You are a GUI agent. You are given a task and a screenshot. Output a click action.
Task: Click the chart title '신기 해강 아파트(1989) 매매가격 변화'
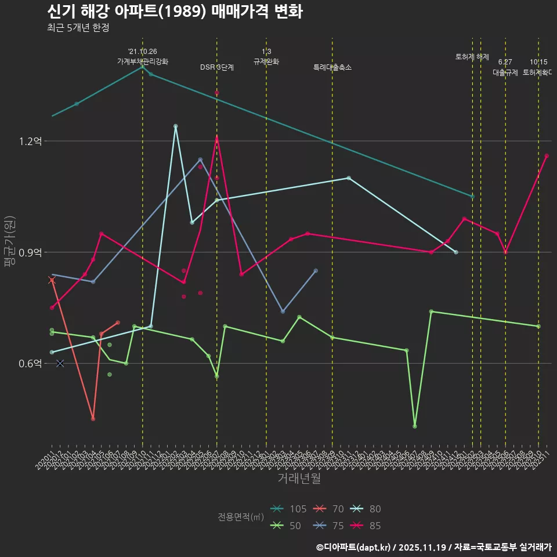(x=174, y=12)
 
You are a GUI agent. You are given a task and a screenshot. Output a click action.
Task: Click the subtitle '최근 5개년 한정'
(x=78, y=28)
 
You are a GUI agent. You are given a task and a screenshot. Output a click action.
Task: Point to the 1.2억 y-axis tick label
(x=30, y=141)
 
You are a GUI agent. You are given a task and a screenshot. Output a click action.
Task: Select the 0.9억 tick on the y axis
(x=30, y=252)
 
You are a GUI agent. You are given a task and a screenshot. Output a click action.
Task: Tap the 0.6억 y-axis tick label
(x=30, y=363)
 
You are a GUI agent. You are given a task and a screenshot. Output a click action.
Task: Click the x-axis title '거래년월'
(x=299, y=479)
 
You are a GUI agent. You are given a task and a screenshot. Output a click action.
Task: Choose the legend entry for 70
(x=328, y=509)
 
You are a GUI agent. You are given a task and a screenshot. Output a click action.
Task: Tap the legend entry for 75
(x=328, y=526)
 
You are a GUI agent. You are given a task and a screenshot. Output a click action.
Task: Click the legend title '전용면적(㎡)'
(x=241, y=517)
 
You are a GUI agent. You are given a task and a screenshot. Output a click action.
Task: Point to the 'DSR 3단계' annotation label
(x=217, y=67)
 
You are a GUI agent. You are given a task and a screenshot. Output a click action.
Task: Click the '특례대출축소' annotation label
(x=332, y=67)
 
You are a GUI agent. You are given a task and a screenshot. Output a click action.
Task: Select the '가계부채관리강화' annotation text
(x=143, y=62)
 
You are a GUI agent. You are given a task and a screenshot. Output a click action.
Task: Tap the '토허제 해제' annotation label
(x=472, y=57)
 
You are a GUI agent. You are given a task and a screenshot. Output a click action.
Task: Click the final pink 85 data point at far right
(x=547, y=155)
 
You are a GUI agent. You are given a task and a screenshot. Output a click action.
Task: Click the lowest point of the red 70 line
(x=93, y=419)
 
